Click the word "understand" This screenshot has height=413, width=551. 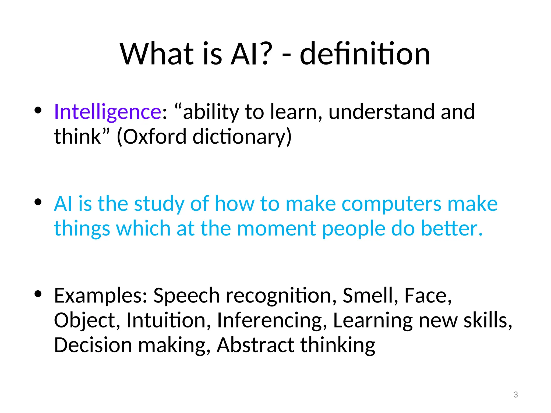click(381, 112)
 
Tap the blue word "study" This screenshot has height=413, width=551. click(159, 204)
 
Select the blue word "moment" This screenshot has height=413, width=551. click(276, 228)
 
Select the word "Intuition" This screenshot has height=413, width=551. click(166, 321)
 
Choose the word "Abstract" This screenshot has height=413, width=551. click(255, 345)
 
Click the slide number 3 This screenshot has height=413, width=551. click(515, 395)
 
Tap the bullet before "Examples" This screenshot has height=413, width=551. click(38, 294)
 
